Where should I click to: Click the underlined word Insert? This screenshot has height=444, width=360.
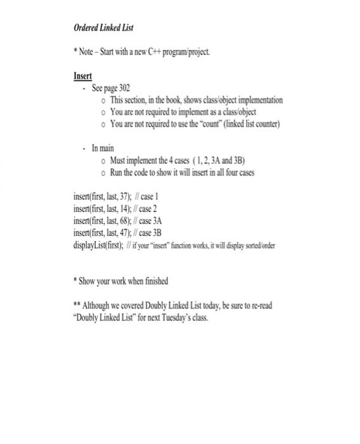[83, 75]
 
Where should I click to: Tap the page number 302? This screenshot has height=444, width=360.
[124, 88]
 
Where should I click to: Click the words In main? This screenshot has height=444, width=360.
[103, 148]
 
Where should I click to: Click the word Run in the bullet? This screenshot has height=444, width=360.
[119, 172]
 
